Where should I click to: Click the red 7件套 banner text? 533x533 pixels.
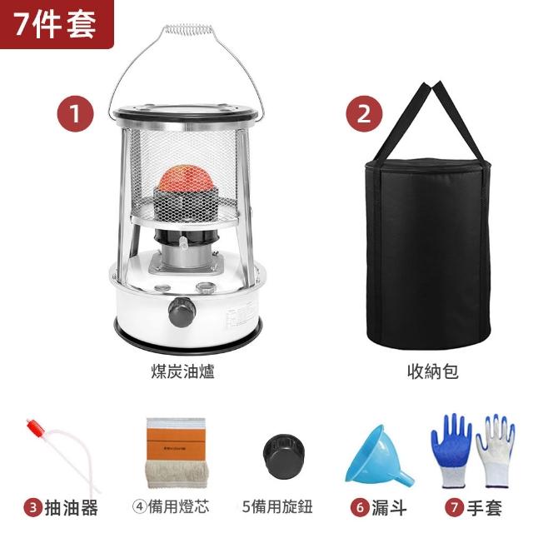(x=55, y=24)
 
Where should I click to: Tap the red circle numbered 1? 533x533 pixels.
(x=75, y=113)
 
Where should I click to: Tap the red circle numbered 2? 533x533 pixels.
(x=364, y=113)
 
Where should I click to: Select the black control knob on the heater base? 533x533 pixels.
(x=182, y=311)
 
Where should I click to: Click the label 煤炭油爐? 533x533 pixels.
(x=183, y=371)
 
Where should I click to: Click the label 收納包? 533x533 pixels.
(x=433, y=371)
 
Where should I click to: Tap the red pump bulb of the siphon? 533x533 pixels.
(x=37, y=429)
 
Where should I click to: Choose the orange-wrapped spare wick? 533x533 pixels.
(x=176, y=453)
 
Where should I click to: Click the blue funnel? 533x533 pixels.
(x=379, y=457)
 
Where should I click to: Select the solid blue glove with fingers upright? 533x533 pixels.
(x=451, y=450)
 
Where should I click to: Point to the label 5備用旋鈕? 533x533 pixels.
(x=277, y=507)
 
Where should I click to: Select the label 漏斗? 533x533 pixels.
(x=389, y=508)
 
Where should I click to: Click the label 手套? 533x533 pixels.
(x=485, y=508)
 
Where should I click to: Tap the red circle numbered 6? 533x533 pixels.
(x=360, y=508)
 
